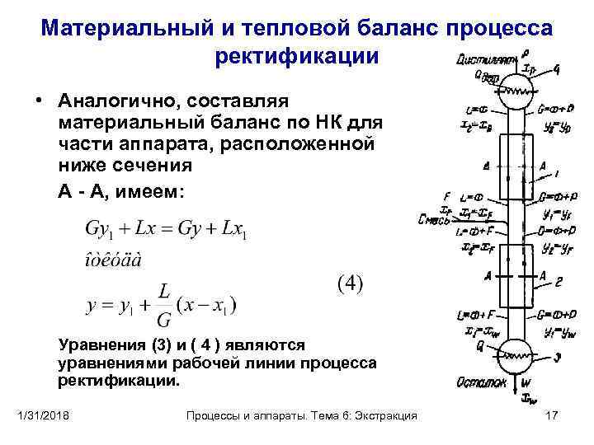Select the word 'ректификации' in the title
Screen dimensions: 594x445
tap(297, 57)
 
